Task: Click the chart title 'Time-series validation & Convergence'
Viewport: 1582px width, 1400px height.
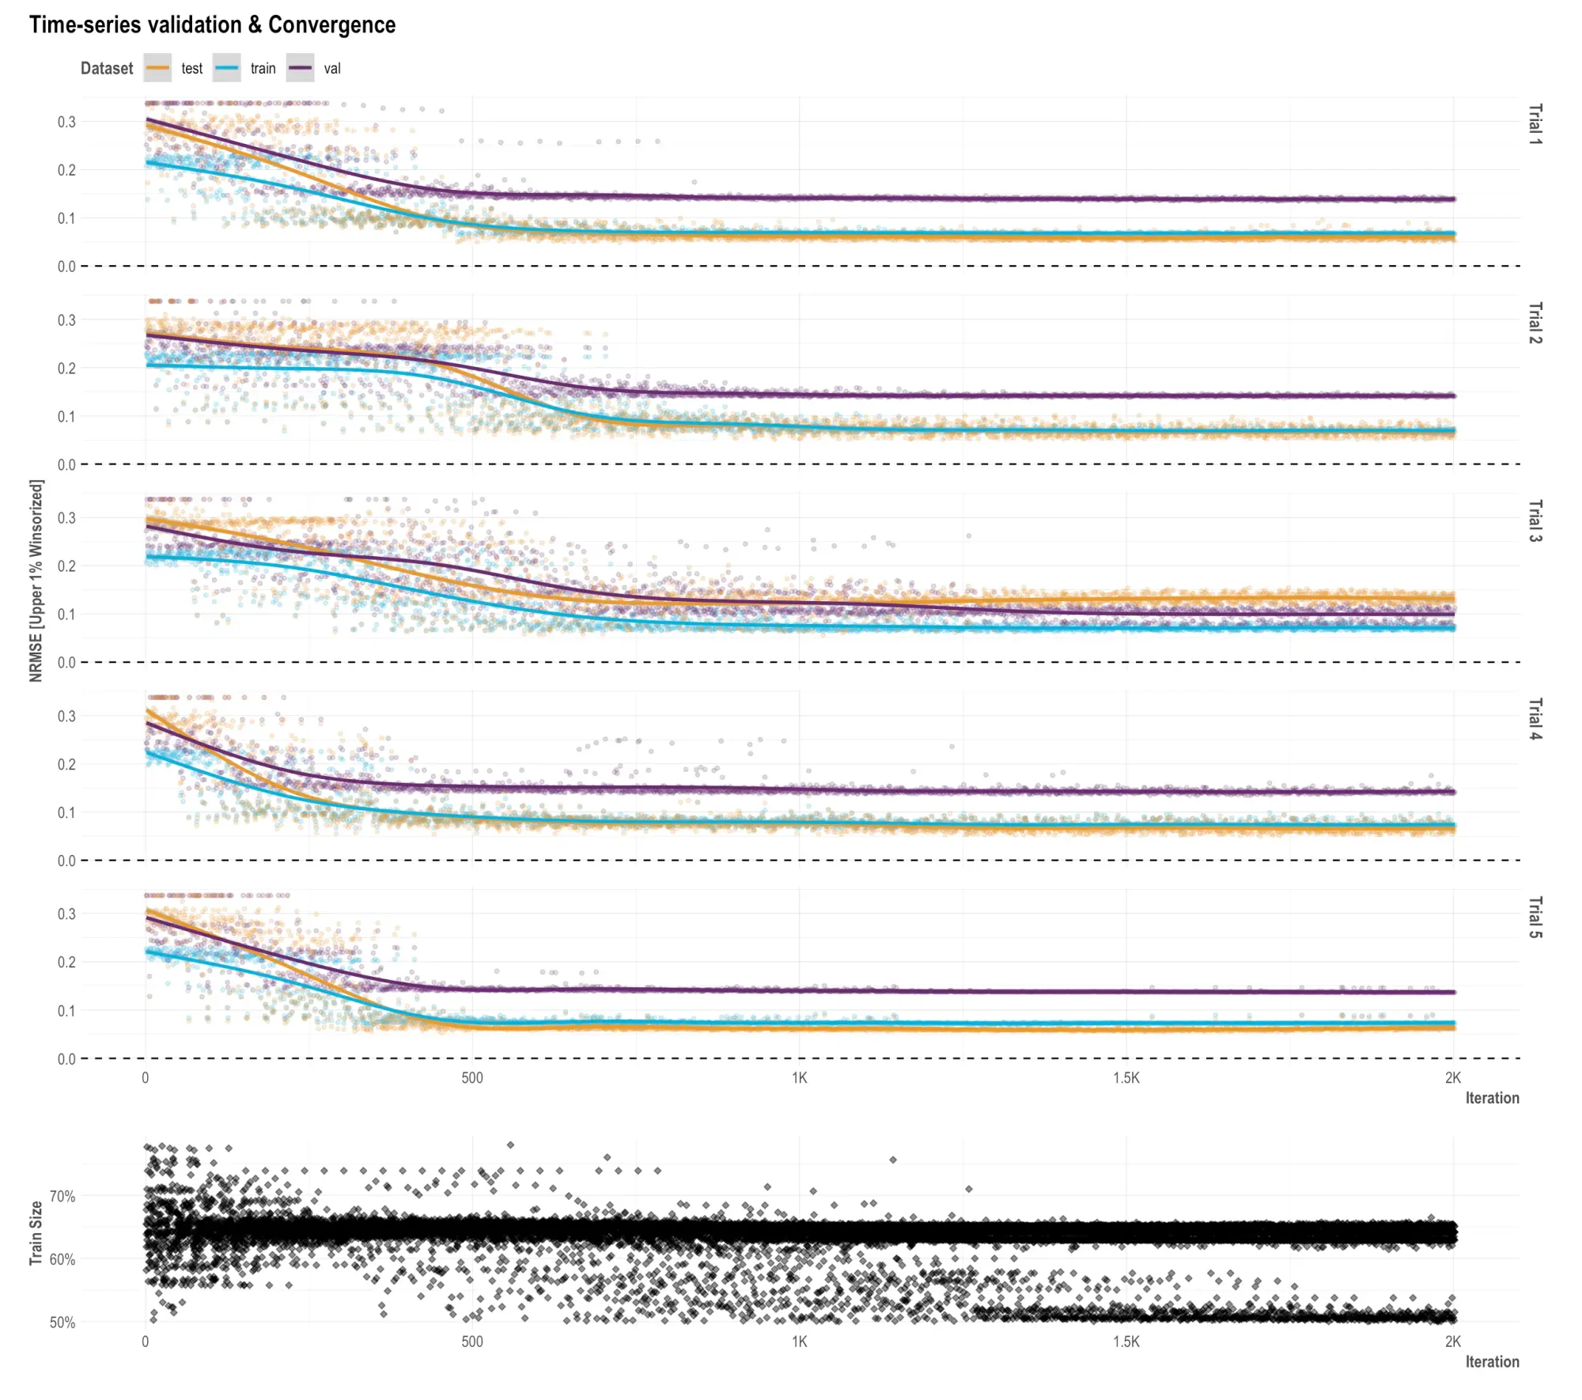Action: pos(212,25)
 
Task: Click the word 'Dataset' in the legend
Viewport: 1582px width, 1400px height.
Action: pos(107,69)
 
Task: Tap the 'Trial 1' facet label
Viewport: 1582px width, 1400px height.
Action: pos(1535,124)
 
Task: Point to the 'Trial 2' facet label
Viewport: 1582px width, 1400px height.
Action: pos(1535,323)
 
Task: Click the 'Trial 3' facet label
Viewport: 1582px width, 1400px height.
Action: pos(1535,520)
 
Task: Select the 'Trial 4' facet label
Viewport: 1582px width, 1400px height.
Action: pos(1535,719)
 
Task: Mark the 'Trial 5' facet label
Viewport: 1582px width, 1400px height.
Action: pos(1535,918)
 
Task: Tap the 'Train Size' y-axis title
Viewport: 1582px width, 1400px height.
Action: pos(36,1233)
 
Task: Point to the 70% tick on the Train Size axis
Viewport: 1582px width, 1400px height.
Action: pos(62,1197)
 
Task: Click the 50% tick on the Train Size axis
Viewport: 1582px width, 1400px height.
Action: pos(62,1322)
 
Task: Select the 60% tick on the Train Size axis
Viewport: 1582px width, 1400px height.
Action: pos(62,1259)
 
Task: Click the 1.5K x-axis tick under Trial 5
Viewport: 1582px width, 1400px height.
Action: pos(1126,1078)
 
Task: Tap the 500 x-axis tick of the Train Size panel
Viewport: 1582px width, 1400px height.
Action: pos(472,1341)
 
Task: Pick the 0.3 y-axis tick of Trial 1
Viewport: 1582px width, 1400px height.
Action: pos(66,122)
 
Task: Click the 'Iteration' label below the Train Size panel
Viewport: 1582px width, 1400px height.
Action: pos(1492,1361)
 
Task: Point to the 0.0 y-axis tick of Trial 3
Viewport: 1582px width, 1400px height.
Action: pos(66,663)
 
